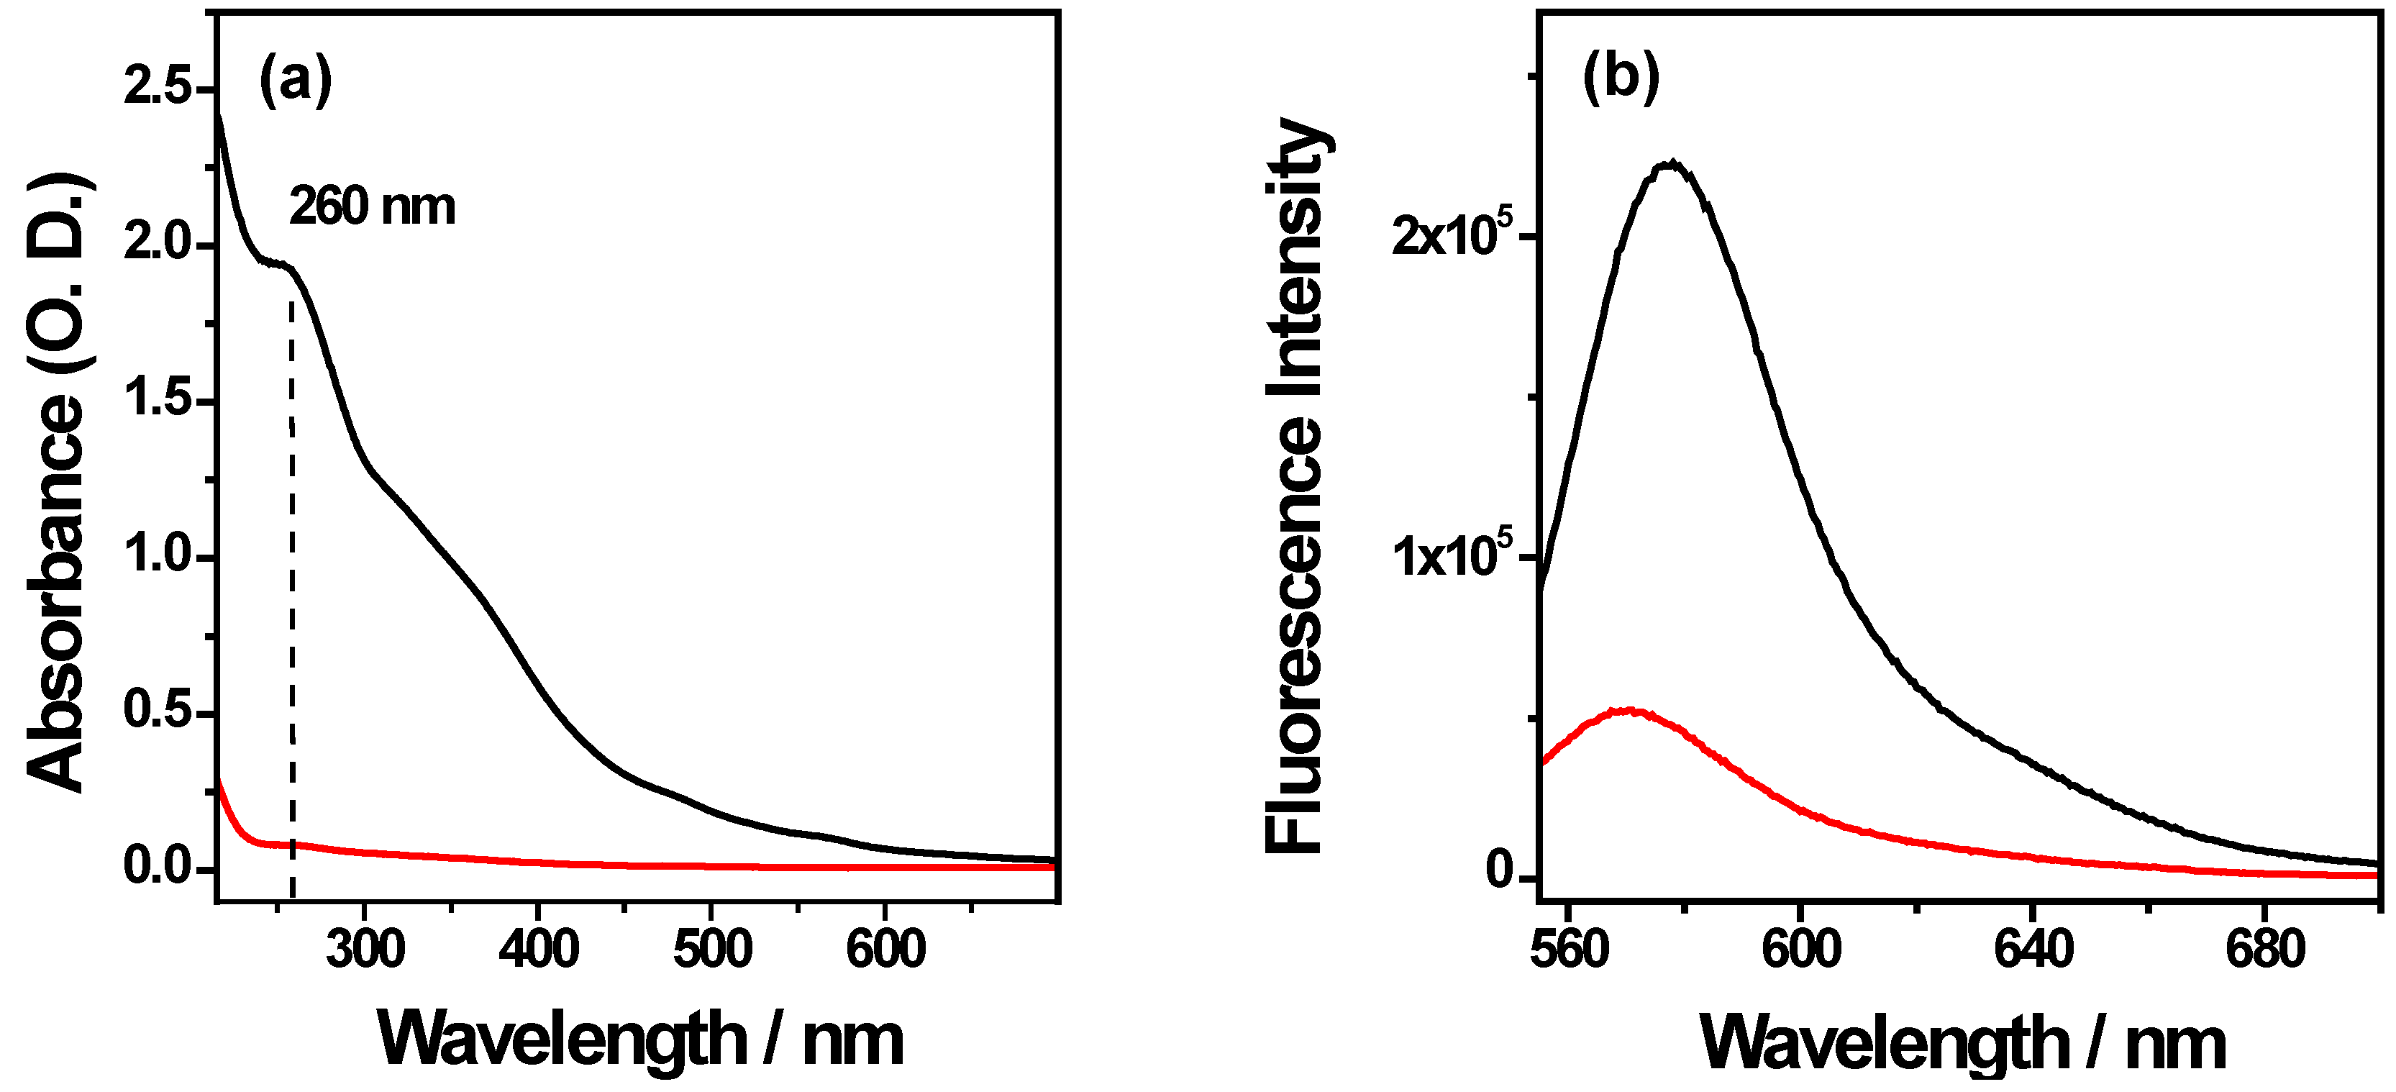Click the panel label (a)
click(x=295, y=80)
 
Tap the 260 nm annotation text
click(x=372, y=206)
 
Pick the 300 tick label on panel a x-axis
click(x=365, y=950)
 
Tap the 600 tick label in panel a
click(x=885, y=950)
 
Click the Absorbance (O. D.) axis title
click(x=58, y=483)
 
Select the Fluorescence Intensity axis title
click(x=1295, y=483)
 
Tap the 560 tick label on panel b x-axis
click(x=1569, y=950)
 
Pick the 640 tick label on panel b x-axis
click(x=2033, y=950)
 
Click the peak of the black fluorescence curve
click(x=1672, y=165)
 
